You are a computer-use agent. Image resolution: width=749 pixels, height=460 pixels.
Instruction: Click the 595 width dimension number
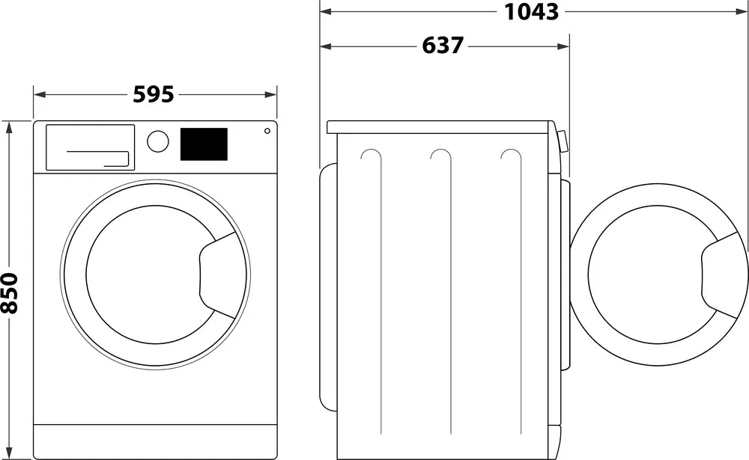coord(154,94)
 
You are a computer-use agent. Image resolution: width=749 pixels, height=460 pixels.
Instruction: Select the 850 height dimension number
coord(10,293)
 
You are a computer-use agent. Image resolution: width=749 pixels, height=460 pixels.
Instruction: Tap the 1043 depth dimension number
coord(532,11)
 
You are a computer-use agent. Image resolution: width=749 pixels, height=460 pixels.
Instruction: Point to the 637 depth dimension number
coord(443,46)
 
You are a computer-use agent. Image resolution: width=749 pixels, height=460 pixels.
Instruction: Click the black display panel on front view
coord(204,144)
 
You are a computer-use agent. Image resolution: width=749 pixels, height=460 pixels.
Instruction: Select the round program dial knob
coord(157,141)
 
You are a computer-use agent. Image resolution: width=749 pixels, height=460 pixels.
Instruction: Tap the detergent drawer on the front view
coord(90,147)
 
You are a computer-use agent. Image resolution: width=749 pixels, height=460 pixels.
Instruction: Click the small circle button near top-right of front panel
coord(267,131)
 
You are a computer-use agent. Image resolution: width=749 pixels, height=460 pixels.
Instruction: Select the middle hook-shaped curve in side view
coord(441,155)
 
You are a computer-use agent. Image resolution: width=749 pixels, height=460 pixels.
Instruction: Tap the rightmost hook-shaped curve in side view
coord(512,155)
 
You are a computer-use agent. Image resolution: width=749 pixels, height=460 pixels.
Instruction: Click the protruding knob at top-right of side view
coord(562,143)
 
